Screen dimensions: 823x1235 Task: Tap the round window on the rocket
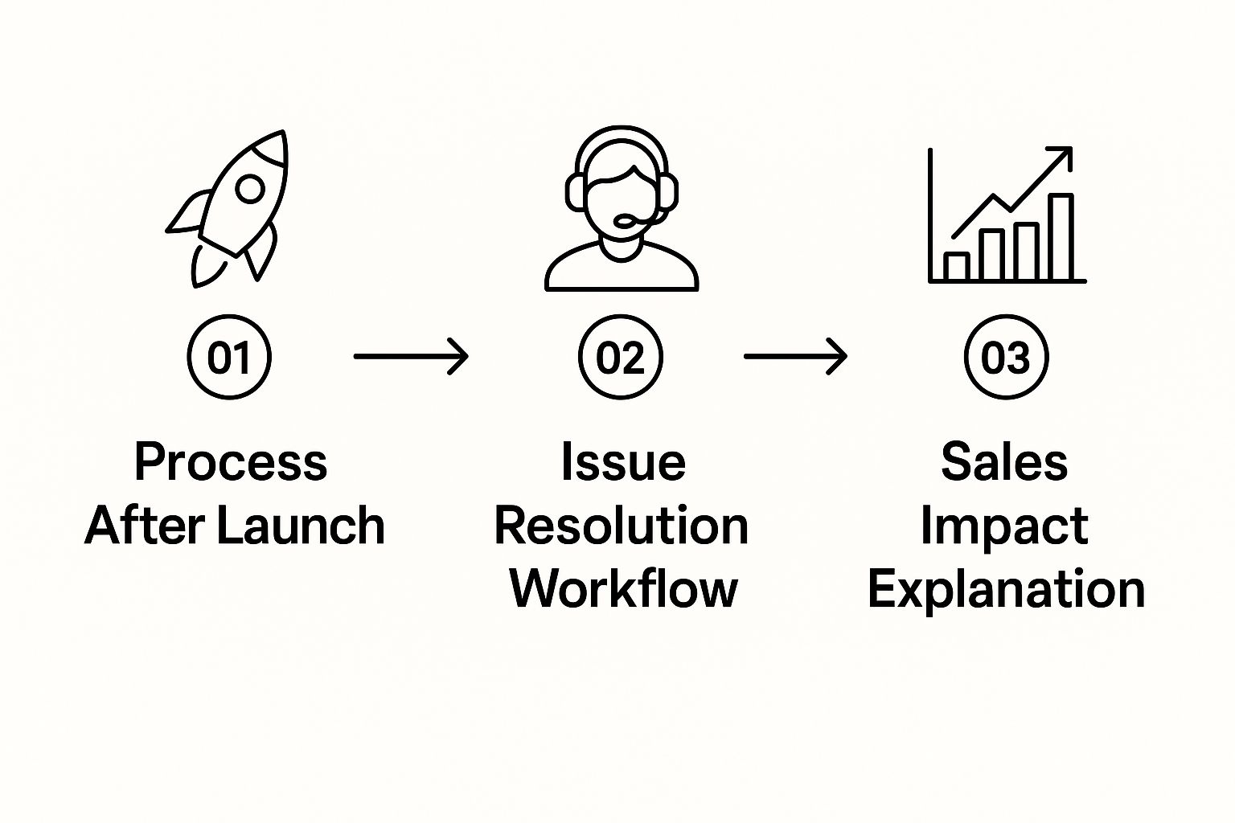[x=250, y=189]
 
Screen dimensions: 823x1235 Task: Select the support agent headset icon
[x=622, y=209]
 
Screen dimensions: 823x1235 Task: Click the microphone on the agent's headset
[x=625, y=219]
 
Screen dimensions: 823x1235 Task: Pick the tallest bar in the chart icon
[x=1061, y=237]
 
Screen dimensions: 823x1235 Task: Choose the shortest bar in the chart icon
[x=957, y=267]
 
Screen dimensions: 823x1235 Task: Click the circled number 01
[x=229, y=357]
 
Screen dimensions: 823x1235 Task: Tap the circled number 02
[x=621, y=357]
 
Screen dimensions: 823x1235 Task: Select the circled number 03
[x=1006, y=357]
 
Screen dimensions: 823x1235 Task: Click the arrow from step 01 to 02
[x=411, y=356]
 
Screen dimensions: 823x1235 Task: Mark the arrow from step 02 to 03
[x=795, y=356]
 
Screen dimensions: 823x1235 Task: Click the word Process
[x=231, y=462]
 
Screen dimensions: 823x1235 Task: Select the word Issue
[x=623, y=462]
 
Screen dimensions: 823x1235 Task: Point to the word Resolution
[x=621, y=526]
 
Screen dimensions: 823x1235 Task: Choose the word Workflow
[x=623, y=588]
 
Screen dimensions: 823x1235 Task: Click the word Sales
[x=1004, y=462]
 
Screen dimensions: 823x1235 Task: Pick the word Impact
[x=1003, y=527]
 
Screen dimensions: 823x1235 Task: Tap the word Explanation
[x=1006, y=590]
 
